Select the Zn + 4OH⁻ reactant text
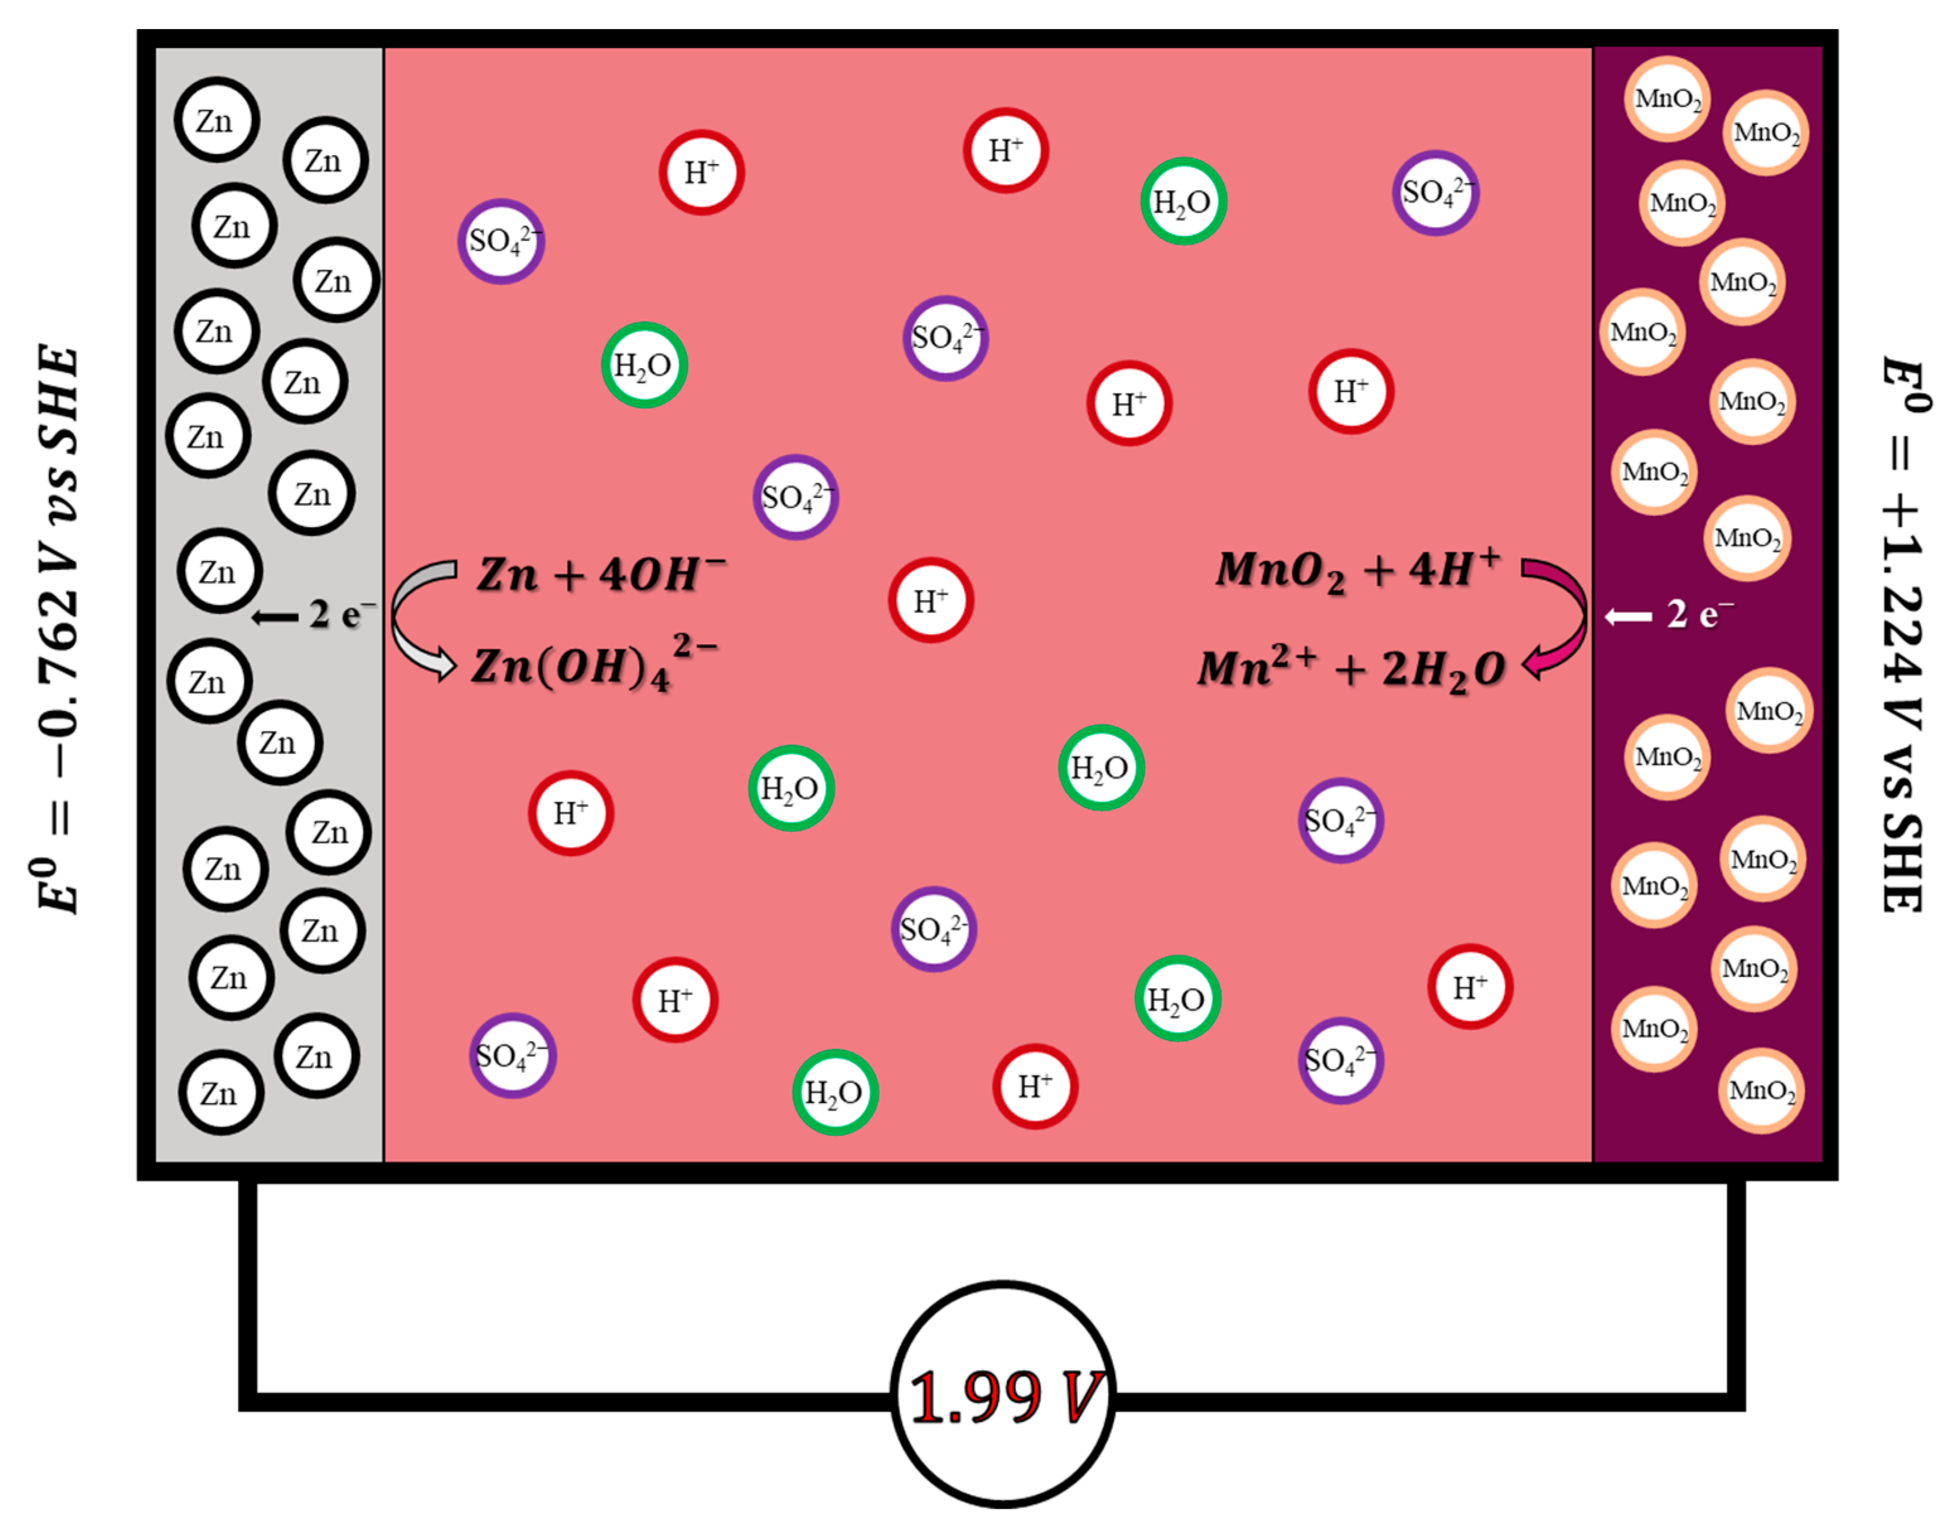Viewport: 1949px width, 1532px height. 600,574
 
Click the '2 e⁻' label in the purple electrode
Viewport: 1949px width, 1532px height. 1699,615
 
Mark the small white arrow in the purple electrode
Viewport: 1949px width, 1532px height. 1628,617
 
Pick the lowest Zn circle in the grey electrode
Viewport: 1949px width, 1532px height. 220,1093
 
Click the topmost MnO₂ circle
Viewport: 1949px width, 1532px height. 1667,99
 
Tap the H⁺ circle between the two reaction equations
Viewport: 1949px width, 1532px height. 930,600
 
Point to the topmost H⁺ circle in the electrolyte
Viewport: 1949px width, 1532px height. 1005,151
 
